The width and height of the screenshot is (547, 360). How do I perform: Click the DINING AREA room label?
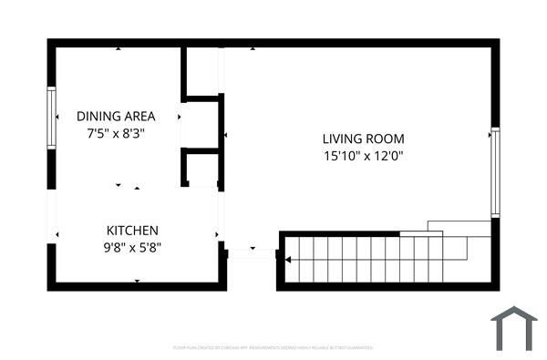(x=116, y=117)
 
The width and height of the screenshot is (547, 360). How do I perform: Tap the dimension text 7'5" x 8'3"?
(x=116, y=133)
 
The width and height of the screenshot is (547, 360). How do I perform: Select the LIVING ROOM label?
(x=363, y=139)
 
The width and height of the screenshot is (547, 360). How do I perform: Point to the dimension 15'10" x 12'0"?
(x=363, y=156)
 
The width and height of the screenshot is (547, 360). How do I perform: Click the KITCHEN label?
(x=133, y=231)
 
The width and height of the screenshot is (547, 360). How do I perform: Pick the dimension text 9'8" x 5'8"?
(x=133, y=247)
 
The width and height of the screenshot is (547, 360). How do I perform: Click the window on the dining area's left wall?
(x=51, y=117)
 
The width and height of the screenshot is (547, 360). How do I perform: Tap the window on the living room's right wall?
(x=495, y=171)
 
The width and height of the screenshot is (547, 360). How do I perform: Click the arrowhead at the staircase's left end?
(x=288, y=261)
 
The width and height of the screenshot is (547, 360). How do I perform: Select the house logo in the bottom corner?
(x=513, y=329)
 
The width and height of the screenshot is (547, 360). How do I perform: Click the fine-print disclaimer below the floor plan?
(x=273, y=347)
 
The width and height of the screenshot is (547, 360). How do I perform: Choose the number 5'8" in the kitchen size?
(x=150, y=247)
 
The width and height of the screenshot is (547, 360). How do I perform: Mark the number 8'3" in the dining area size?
(x=133, y=133)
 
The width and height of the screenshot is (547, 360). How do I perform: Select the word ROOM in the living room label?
(x=385, y=139)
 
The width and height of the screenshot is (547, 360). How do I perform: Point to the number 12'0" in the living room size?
(x=387, y=156)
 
